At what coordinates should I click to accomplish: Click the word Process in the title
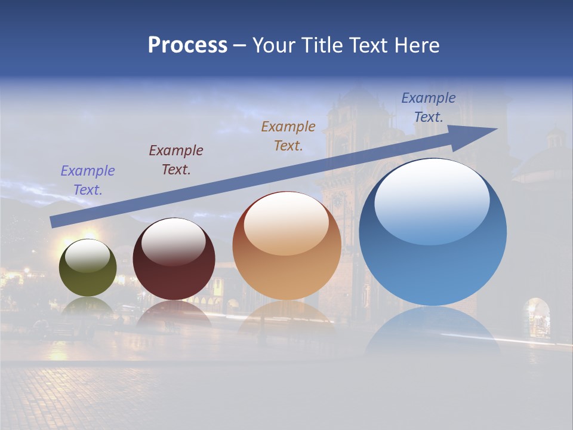(187, 45)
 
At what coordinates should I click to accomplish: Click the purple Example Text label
(88, 180)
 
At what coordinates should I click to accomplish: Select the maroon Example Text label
(176, 160)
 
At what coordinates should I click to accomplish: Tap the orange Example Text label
(288, 136)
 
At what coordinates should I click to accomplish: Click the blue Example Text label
(429, 107)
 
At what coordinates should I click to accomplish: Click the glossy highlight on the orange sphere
(286, 222)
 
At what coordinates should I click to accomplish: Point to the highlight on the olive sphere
(87, 256)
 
